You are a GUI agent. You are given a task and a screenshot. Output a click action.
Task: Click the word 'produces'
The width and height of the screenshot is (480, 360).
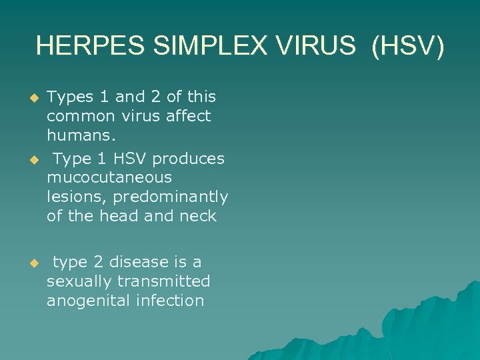point(189,159)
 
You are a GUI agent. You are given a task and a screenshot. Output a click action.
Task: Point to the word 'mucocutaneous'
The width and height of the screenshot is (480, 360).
point(109,178)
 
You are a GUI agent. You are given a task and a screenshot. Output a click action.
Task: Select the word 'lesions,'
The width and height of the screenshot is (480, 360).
point(77,197)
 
